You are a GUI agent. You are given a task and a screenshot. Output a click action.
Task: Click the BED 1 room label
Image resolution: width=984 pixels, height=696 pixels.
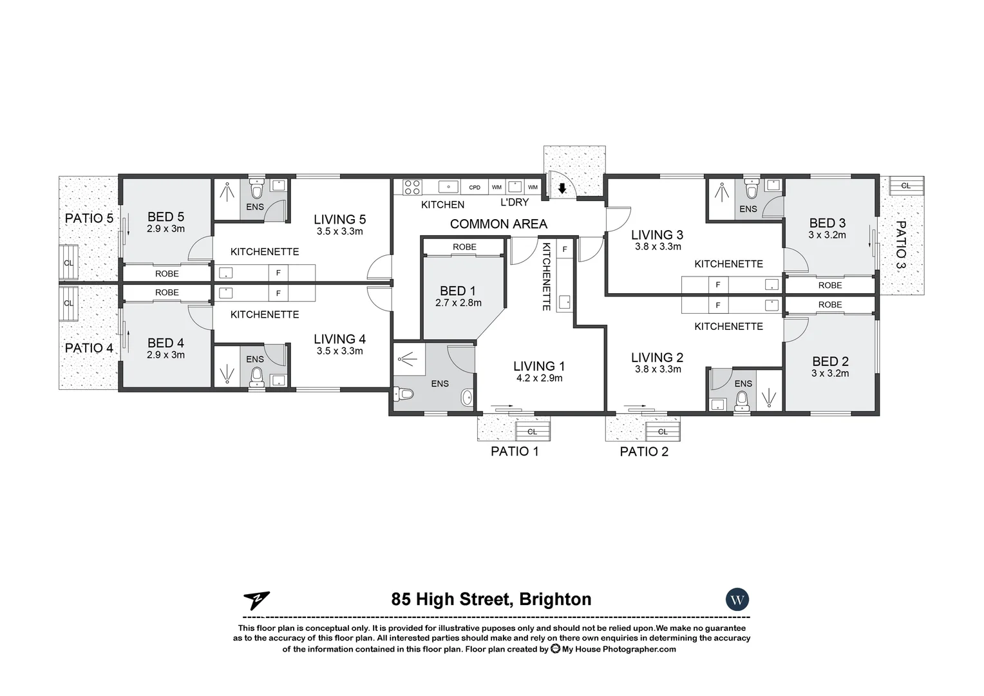click(x=457, y=291)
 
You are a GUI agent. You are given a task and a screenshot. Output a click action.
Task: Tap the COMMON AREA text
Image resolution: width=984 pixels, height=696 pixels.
click(x=498, y=224)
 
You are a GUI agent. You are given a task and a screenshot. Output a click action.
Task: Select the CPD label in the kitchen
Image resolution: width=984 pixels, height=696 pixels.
click(x=475, y=188)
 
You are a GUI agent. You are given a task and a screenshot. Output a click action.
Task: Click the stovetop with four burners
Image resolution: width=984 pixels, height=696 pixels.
click(x=412, y=187)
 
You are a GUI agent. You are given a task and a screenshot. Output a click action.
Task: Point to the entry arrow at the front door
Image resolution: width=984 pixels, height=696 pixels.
click(x=562, y=188)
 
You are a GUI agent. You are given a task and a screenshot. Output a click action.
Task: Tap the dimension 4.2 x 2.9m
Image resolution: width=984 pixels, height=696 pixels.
click(x=539, y=378)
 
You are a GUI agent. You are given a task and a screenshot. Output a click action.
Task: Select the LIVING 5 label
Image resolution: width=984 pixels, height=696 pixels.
click(x=339, y=220)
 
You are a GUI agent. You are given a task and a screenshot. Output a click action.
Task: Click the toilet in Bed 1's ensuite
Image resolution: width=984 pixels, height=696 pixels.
click(x=404, y=393)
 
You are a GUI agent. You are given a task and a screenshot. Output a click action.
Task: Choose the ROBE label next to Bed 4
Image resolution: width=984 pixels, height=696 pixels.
click(x=167, y=293)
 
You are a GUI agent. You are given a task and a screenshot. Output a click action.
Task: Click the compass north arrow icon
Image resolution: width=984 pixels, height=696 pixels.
click(x=256, y=601)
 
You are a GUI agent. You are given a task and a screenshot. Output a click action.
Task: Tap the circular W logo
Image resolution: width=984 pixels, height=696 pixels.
click(x=737, y=600)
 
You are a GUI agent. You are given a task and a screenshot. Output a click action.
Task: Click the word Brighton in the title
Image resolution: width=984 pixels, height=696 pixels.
click(x=555, y=599)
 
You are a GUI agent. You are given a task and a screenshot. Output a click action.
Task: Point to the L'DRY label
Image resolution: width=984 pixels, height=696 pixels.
click(x=515, y=202)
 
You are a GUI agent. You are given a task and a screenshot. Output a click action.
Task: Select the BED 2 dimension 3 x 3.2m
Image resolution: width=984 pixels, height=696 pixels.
click(x=830, y=373)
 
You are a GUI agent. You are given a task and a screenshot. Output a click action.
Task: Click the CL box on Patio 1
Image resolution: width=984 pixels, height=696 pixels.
click(x=532, y=432)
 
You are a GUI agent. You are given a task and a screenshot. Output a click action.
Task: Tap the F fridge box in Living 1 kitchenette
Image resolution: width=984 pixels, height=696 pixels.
click(x=565, y=249)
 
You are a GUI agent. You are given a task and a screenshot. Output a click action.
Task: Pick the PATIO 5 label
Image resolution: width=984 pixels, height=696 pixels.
click(x=89, y=218)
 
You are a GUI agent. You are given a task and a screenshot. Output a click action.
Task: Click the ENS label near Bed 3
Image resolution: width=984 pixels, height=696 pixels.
click(x=748, y=209)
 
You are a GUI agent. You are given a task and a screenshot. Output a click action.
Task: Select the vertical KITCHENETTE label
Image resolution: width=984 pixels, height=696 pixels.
click(x=546, y=276)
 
